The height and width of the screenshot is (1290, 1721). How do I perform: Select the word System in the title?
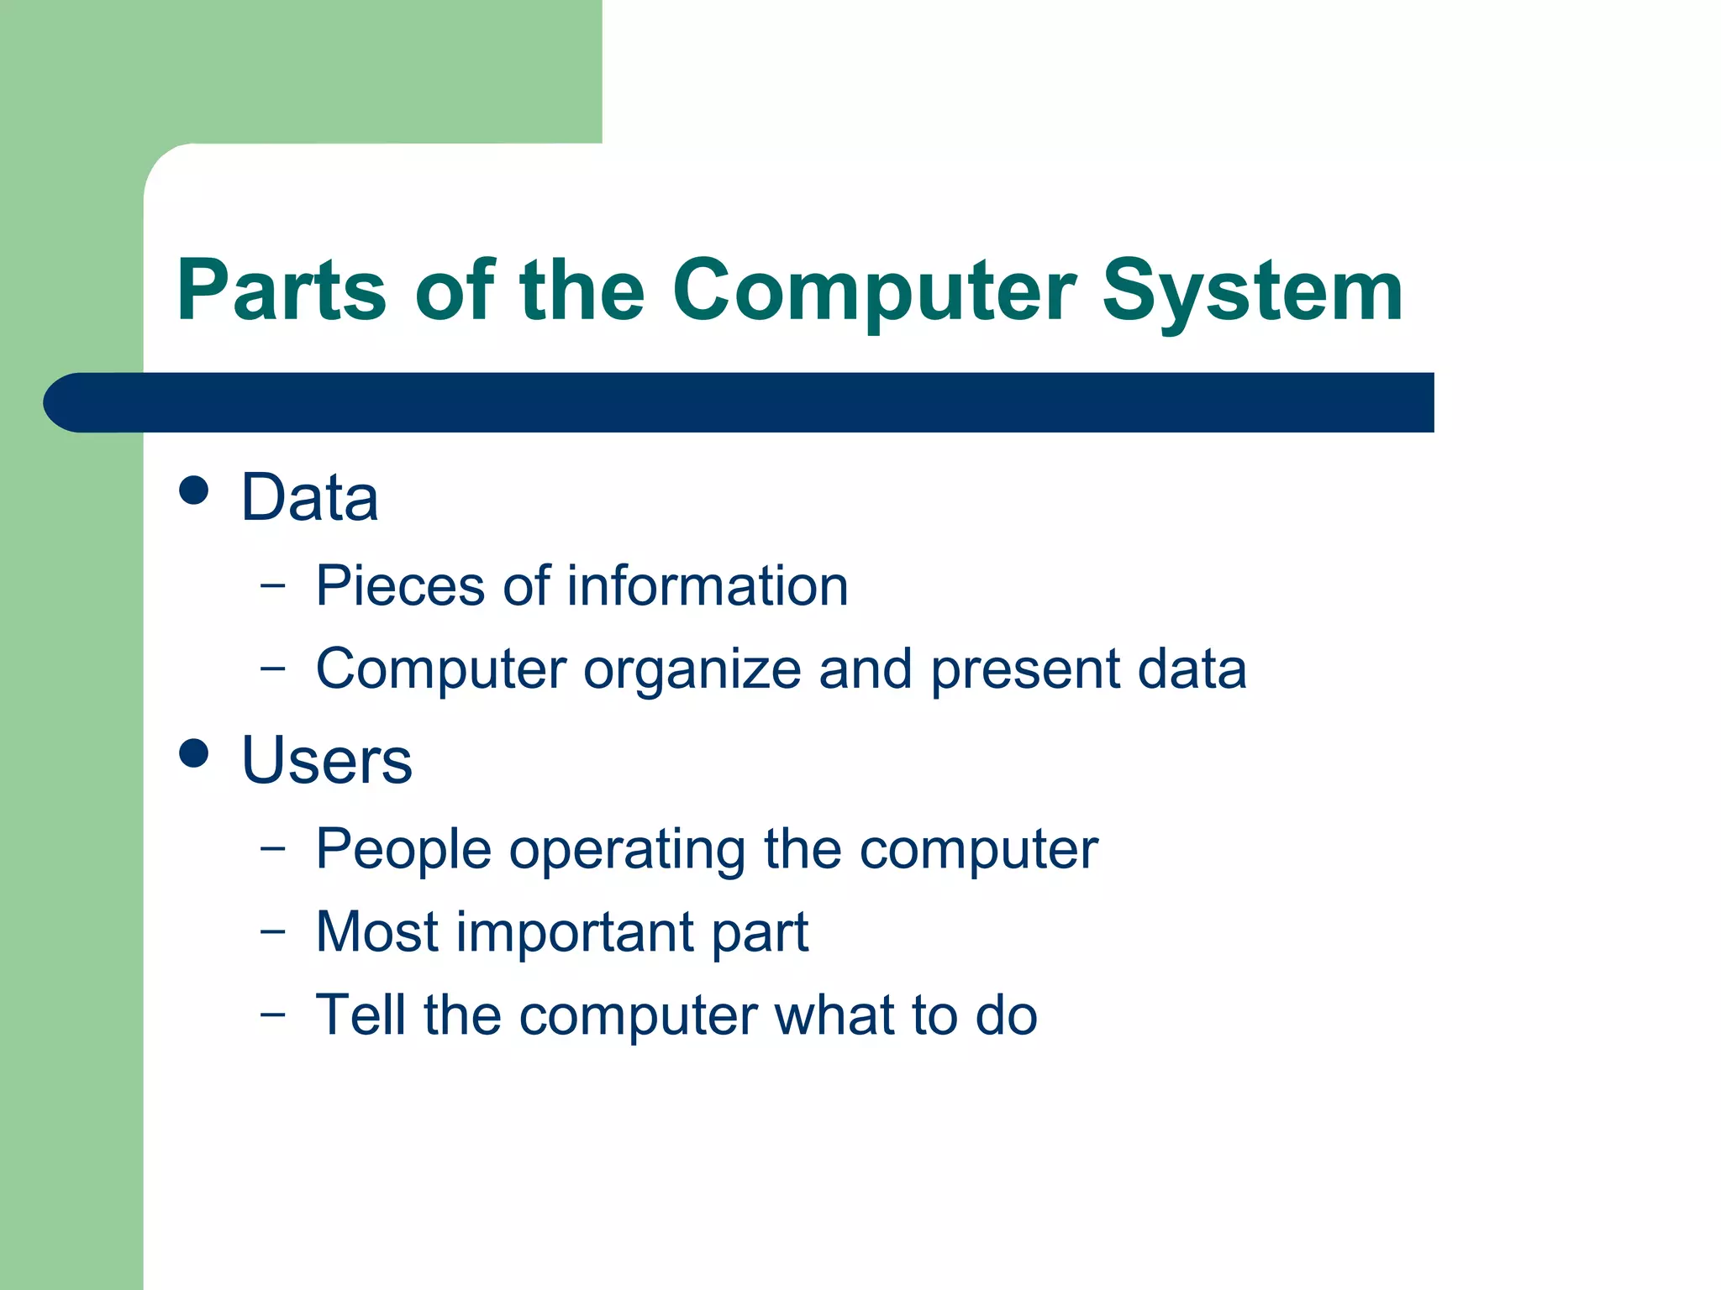[x=1252, y=292]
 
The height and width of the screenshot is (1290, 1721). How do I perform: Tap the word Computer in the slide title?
[x=874, y=292]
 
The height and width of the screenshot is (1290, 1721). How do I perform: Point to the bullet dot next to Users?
[x=194, y=752]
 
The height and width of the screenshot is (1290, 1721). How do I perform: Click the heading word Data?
[x=309, y=497]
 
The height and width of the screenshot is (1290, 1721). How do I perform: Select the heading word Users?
[x=326, y=761]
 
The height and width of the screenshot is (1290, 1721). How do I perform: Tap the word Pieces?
[x=401, y=585]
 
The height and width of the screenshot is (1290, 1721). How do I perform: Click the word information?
[x=708, y=585]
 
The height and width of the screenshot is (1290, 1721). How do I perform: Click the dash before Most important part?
[x=273, y=931]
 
